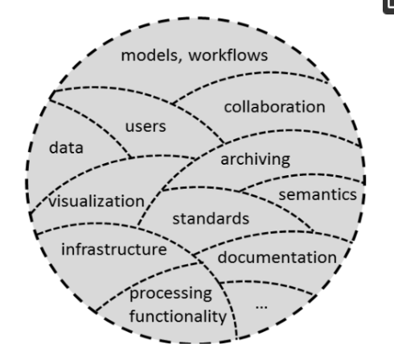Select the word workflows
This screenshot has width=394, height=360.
click(x=228, y=55)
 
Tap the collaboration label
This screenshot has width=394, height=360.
click(x=274, y=107)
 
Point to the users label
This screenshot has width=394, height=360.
click(x=146, y=126)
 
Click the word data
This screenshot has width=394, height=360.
click(x=66, y=147)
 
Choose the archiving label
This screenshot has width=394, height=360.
click(x=255, y=159)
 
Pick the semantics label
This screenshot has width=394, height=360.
click(x=318, y=194)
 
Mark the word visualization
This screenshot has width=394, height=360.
click(x=96, y=201)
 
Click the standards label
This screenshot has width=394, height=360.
click(x=211, y=219)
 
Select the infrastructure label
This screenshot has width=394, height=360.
click(x=114, y=249)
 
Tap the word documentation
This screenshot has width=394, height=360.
click(x=277, y=257)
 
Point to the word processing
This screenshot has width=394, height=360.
click(x=170, y=294)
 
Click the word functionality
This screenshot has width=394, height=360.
click(x=178, y=316)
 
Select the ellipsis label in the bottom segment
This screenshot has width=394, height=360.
click(x=261, y=307)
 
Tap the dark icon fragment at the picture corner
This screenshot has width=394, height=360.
click(x=388, y=6)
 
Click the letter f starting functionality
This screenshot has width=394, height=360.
click(x=133, y=316)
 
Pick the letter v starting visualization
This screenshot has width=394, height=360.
click(x=52, y=202)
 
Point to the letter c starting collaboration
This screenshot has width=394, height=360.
click(x=228, y=108)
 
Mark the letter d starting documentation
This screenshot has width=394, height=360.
click(x=222, y=257)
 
